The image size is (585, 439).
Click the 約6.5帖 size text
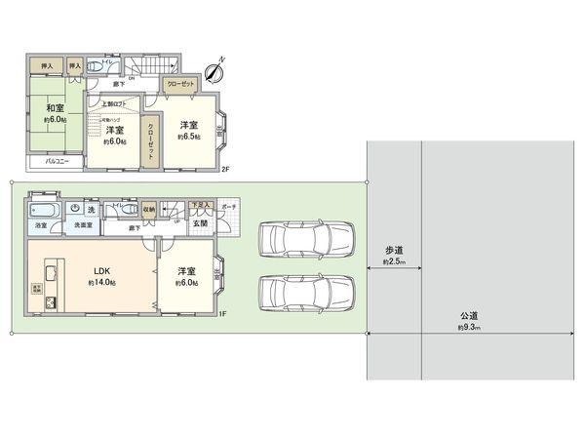pos(189,138)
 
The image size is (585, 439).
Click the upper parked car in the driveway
pos(306,237)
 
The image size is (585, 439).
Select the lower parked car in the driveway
pos(306,292)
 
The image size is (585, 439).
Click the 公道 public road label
pos(469,316)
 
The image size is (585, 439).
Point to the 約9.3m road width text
pos(469,328)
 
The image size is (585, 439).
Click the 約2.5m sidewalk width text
pos(393,262)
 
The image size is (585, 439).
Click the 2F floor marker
pos(225,170)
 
